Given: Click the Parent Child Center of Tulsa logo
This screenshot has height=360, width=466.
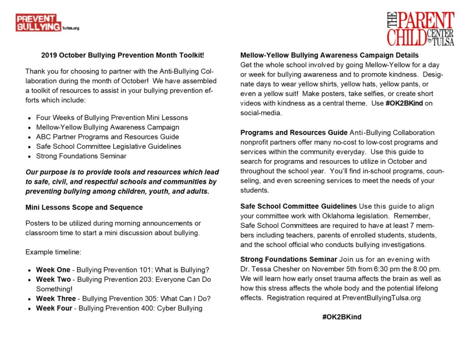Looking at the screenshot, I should tap(420, 29).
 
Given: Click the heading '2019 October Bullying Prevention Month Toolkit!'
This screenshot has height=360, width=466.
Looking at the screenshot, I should tap(122, 56).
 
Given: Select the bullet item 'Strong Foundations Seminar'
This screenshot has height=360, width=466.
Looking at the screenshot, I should tap(81, 156).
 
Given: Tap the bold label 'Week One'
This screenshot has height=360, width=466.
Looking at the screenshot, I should tap(53, 269).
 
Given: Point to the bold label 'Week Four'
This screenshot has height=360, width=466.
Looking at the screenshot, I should tap(54, 308).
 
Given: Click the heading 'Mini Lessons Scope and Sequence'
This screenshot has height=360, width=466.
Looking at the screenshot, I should tap(84, 208).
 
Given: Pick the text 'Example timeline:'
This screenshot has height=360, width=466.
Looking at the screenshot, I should tap(53, 252).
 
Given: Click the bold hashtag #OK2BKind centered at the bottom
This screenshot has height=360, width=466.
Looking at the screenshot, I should tap(341, 317).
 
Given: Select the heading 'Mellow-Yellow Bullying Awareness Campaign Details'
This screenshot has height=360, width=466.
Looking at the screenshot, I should tap(329, 56).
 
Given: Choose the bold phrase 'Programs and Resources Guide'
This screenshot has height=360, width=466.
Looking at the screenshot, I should tap(294, 133).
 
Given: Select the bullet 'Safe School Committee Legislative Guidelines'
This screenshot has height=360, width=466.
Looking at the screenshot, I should tap(108, 147).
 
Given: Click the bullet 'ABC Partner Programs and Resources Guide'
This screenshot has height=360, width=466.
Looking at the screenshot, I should tap(107, 137).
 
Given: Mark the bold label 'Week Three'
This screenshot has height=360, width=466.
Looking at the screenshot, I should tap(56, 299).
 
